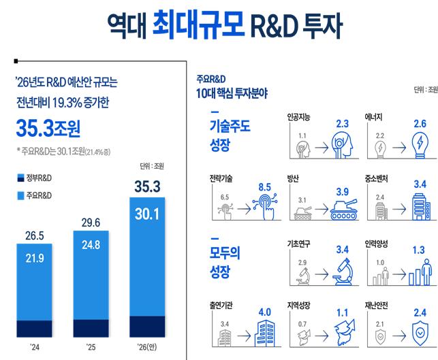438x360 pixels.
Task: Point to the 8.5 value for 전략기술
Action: pyautogui.click(x=266, y=186)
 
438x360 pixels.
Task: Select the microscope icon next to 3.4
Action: pyautogui.click(x=342, y=274)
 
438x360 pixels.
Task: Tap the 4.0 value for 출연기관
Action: pyautogui.click(x=266, y=313)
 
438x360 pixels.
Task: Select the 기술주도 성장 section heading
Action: pyautogui.click(x=230, y=135)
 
